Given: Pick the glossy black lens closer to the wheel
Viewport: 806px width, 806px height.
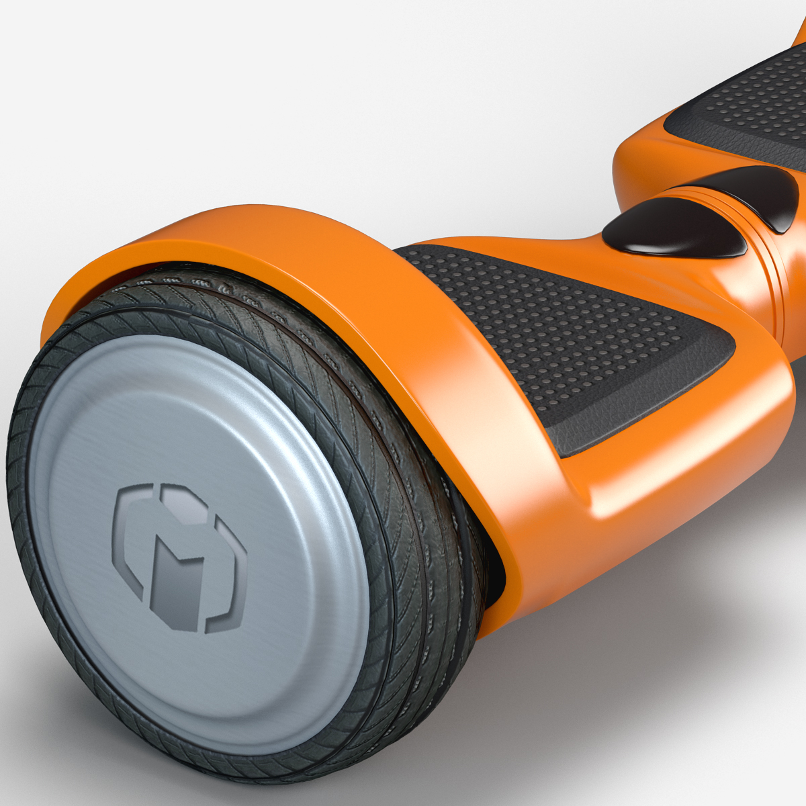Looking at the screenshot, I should click(672, 228).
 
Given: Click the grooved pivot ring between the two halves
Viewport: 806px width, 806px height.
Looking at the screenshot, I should click(772, 282).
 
